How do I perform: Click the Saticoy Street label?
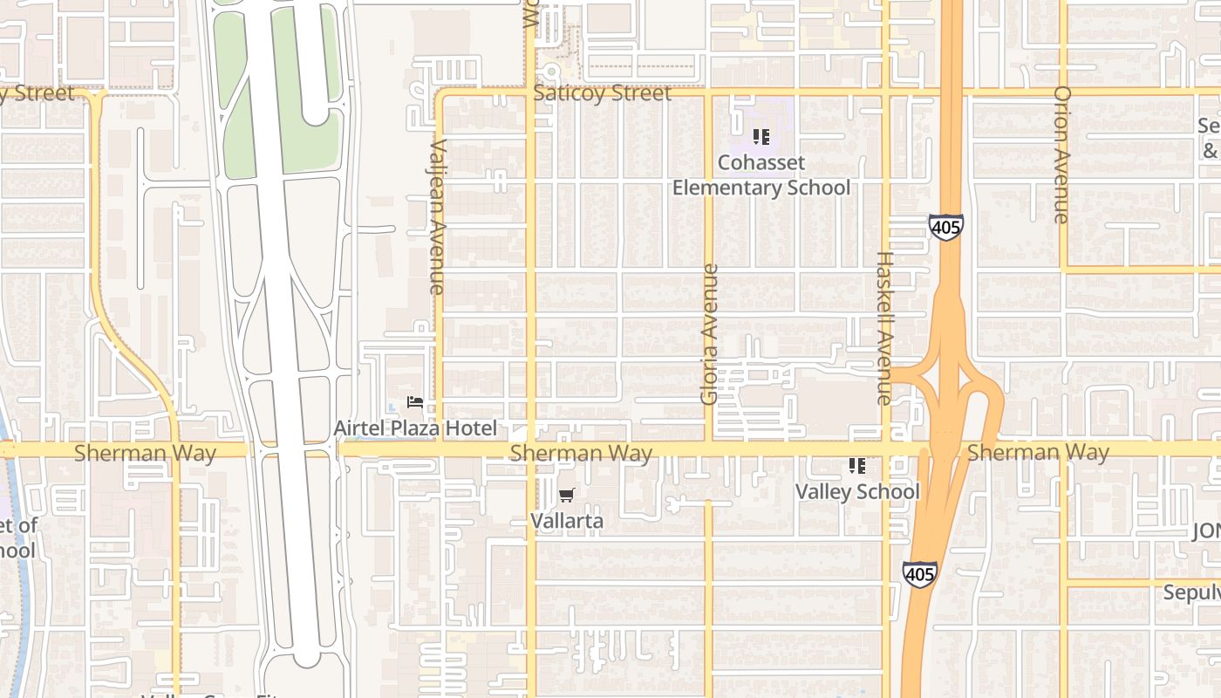coord(602,93)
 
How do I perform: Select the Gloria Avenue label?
coord(709,334)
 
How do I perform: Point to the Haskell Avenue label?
coord(884,328)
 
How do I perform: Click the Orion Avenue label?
coord(1061,154)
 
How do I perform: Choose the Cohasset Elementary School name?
coord(761,175)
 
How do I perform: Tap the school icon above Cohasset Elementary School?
coord(761,137)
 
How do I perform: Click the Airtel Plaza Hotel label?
coord(415,428)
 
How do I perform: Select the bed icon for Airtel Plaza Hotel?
coord(415,403)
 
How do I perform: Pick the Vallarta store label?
coord(567,521)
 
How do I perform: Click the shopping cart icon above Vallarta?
coord(567,496)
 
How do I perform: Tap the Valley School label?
coord(856,491)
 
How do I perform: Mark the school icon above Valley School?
coord(856,467)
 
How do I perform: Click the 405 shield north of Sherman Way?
coord(945,228)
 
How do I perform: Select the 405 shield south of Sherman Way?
coord(920,574)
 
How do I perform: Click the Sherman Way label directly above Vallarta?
coord(581,453)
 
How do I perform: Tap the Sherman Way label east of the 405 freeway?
coord(1038,452)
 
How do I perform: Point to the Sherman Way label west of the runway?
coord(145,453)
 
